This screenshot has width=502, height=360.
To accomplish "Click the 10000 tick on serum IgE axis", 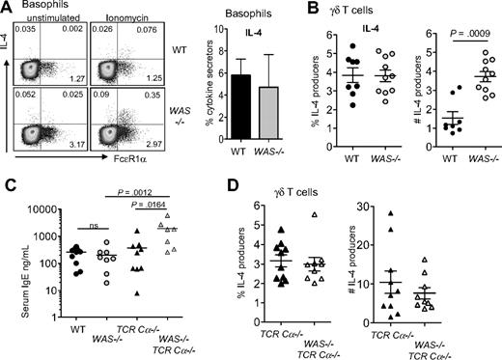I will click(x=36, y=206).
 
